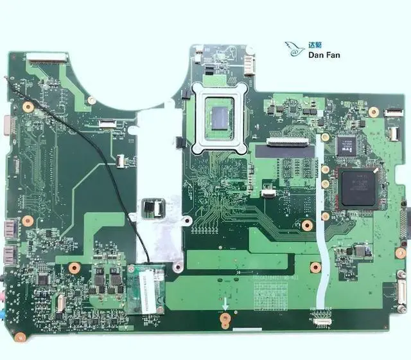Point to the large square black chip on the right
(x=359, y=187)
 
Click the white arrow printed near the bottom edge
(x=225, y=302)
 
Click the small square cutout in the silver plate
(x=152, y=209)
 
